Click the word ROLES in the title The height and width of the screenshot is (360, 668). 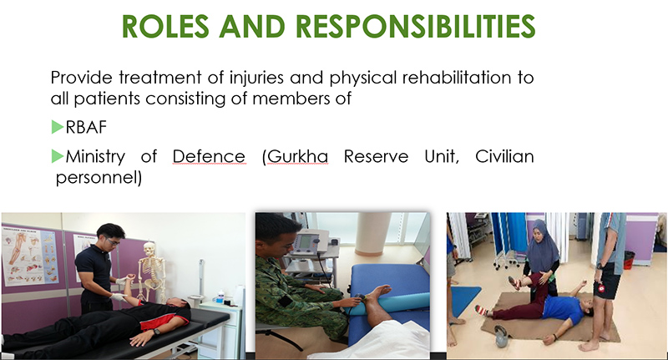(x=165, y=27)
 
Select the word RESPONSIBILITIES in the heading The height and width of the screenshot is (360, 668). (x=415, y=27)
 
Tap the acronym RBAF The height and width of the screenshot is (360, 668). (x=86, y=127)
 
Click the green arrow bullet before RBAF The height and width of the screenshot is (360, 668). (x=58, y=127)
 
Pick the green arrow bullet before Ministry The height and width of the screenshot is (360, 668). (x=58, y=156)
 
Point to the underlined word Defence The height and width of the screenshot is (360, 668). (x=209, y=156)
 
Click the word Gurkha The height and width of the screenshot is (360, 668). (x=298, y=156)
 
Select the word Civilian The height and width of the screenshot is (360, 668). (x=504, y=156)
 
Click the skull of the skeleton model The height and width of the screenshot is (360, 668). (x=149, y=248)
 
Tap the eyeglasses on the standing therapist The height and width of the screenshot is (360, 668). (x=113, y=241)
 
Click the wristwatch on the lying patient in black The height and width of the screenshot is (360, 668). (x=157, y=331)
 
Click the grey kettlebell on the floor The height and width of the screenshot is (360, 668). (x=501, y=336)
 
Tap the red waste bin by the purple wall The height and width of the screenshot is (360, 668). (x=629, y=260)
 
